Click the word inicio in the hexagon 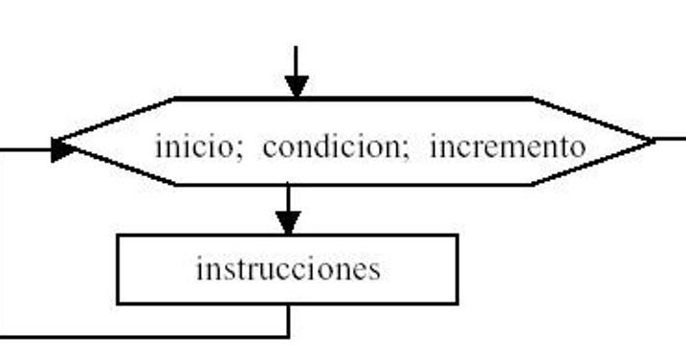pos(192,147)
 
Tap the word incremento pos(506,147)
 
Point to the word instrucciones pos(287,269)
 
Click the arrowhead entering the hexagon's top pos(297,85)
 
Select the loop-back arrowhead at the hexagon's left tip pos(64,149)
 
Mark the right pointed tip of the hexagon pos(654,141)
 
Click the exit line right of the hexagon pos(672,140)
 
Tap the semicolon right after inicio pos(239,151)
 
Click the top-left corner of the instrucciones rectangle pos(118,236)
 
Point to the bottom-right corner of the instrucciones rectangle pos(457,304)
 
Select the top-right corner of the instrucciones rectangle pos(457,236)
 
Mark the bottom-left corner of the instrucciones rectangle pos(118,304)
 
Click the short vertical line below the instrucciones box pos(288,320)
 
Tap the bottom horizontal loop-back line pos(144,336)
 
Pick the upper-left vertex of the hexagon pos(176,98)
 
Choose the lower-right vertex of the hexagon pos(532,184)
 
